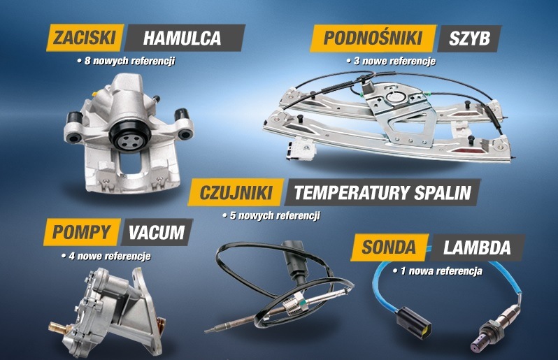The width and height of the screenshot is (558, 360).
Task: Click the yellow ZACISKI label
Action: pos(85,37)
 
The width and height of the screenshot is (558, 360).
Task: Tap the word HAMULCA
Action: pos(182,38)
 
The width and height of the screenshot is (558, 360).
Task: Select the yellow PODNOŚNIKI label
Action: pos(373,38)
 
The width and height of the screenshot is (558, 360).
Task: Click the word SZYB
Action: pos(469,38)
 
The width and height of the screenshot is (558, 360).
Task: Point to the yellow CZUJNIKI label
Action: pos(236,192)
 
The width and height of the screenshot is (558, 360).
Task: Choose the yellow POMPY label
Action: pos(82,232)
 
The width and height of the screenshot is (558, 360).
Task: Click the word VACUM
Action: pos(157,232)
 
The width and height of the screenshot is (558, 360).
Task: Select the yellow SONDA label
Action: pos(389,247)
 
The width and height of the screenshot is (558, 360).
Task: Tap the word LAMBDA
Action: pos(477,247)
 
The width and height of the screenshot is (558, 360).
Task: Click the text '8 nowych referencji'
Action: pos(127,61)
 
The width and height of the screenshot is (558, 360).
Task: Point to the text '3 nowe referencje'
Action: pos(391,62)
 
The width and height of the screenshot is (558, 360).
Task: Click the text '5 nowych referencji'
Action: pos(271,215)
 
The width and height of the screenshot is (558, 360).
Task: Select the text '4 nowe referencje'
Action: pos(106,256)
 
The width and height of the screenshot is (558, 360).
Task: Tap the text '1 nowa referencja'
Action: pos(438,271)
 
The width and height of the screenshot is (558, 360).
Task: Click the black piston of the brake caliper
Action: pos(130,135)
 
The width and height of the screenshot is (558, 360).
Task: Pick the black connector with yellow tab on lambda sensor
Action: pos(414,323)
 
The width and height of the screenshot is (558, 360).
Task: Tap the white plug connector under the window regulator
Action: pos(301,148)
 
